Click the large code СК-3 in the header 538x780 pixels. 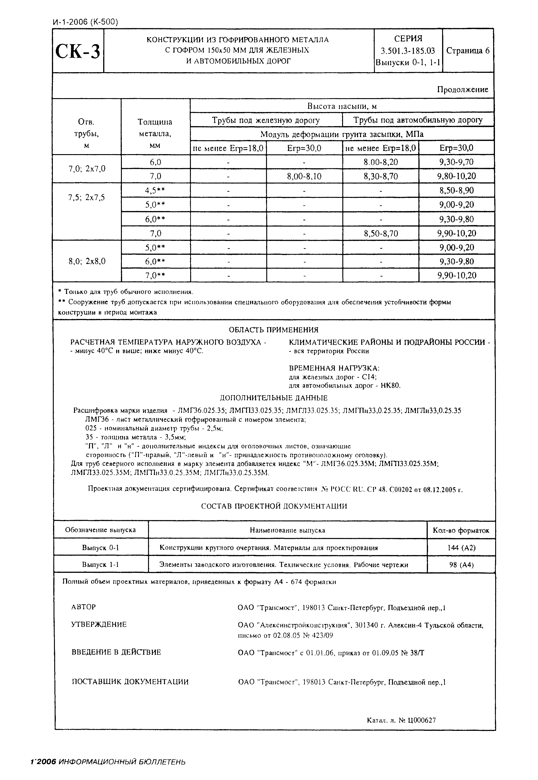tap(78, 51)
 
